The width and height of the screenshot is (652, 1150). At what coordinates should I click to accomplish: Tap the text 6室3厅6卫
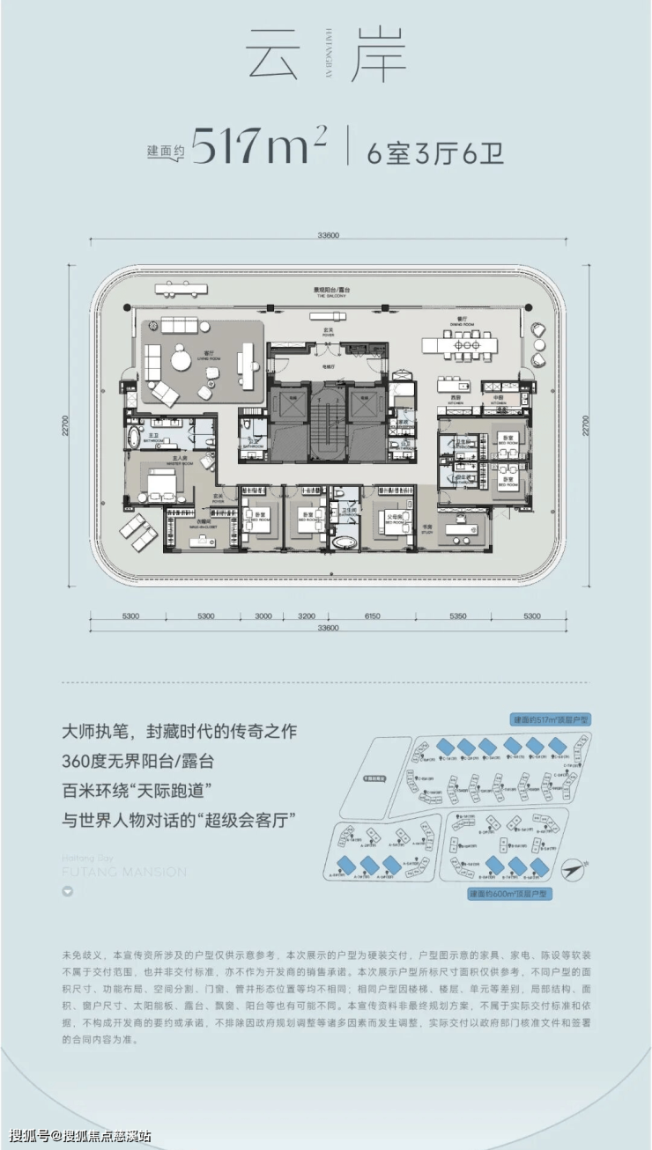coord(435,151)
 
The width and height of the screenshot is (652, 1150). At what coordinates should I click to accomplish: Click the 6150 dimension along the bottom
coord(372,616)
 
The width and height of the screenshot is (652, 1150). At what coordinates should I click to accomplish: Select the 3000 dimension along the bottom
coord(263,616)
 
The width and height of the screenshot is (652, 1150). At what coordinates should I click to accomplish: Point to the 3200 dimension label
coord(307,616)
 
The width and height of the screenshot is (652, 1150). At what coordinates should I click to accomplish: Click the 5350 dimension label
coord(457,616)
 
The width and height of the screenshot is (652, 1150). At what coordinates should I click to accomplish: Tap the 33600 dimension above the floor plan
coord(327,235)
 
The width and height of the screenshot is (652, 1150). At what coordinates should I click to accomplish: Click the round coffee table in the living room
coord(182,360)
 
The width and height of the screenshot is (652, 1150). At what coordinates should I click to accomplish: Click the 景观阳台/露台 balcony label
coord(327,291)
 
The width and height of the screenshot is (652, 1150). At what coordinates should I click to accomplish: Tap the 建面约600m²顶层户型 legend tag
coord(510,894)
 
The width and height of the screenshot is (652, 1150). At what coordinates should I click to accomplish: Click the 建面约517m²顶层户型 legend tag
coord(551,719)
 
